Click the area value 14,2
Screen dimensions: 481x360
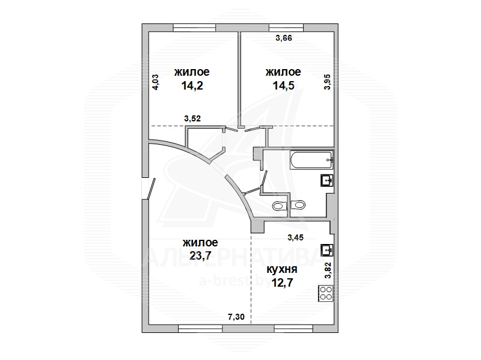(192, 86)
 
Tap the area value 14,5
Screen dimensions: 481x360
(283, 85)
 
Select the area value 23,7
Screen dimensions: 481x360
(200, 255)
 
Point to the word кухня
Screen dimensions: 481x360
(282, 269)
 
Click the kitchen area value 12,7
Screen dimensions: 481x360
(282, 282)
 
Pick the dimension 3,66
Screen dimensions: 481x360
(284, 38)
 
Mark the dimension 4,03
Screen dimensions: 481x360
(156, 82)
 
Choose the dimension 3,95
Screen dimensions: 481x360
(328, 82)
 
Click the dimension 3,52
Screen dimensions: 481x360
(192, 118)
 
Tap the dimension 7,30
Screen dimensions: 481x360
(236, 317)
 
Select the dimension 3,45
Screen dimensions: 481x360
(295, 237)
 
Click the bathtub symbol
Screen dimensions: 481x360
(311, 159)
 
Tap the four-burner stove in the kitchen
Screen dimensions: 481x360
(326, 293)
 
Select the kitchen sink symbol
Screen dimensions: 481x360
(326, 250)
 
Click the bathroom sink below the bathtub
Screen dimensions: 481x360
(326, 180)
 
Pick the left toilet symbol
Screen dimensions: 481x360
(279, 205)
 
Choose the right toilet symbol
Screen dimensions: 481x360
(298, 204)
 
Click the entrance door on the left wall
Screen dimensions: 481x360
(152, 188)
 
